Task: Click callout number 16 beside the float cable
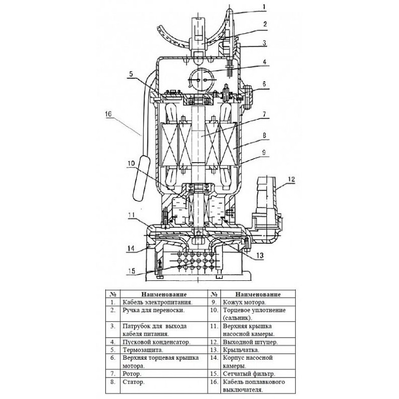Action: click(108, 114)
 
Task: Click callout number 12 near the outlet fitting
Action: click(291, 179)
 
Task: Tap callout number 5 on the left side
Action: click(131, 74)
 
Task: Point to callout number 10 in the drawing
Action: click(131, 163)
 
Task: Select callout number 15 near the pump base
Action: click(132, 271)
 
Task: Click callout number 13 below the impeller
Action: click(259, 255)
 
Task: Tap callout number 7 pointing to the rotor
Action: click(264, 114)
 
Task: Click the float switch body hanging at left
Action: click(142, 178)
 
